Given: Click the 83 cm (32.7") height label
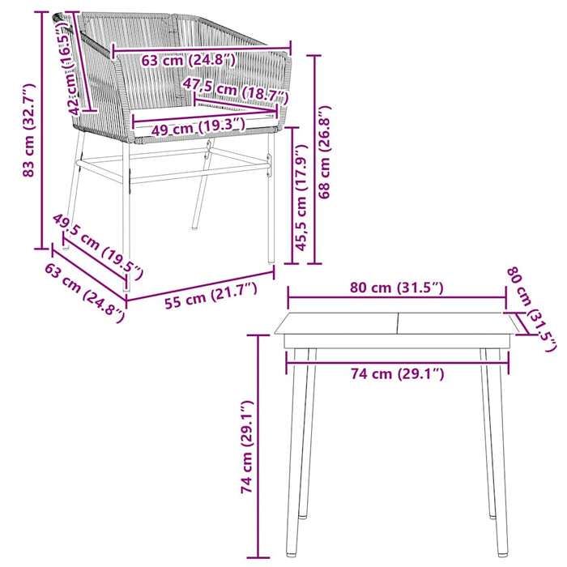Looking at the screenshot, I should pyautogui.click(x=29, y=130).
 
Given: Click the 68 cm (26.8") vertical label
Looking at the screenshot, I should pyautogui.click(x=326, y=158).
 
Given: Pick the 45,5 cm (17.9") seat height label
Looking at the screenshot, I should pyautogui.click(x=302, y=199).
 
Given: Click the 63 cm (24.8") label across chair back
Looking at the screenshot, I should pyautogui.click(x=188, y=60).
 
